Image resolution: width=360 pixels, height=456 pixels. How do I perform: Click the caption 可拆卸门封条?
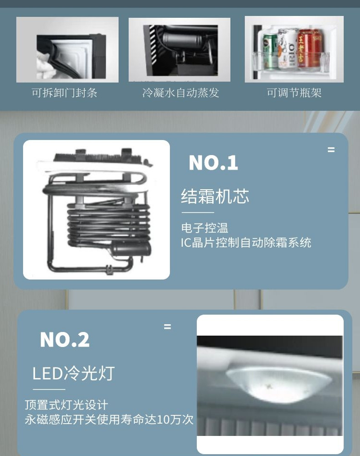coord(64,93)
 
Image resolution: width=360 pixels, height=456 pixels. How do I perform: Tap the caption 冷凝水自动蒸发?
coord(180,93)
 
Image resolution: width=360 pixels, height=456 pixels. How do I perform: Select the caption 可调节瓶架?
coord(294,93)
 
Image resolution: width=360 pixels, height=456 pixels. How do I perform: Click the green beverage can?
coord(270,52)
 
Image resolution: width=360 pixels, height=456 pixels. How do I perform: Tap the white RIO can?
coord(288,49)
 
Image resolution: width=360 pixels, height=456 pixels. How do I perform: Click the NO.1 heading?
coord(213,163)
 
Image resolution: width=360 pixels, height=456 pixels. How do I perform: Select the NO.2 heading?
coord(65,340)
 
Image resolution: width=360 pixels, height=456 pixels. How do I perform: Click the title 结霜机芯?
coord(215,196)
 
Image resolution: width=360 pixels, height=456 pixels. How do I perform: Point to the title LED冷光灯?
coord(73,373)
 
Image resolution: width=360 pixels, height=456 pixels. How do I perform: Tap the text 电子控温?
coord(205,228)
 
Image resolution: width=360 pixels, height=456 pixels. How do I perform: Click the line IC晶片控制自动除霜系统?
coord(246,243)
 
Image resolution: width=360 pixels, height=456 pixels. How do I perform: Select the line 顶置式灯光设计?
coord(66,405)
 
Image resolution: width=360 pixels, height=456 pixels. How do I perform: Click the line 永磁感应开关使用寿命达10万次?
coord(109,420)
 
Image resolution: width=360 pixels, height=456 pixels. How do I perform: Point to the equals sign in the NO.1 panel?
coord(331,150)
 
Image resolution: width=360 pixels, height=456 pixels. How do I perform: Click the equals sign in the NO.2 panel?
coord(167,326)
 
